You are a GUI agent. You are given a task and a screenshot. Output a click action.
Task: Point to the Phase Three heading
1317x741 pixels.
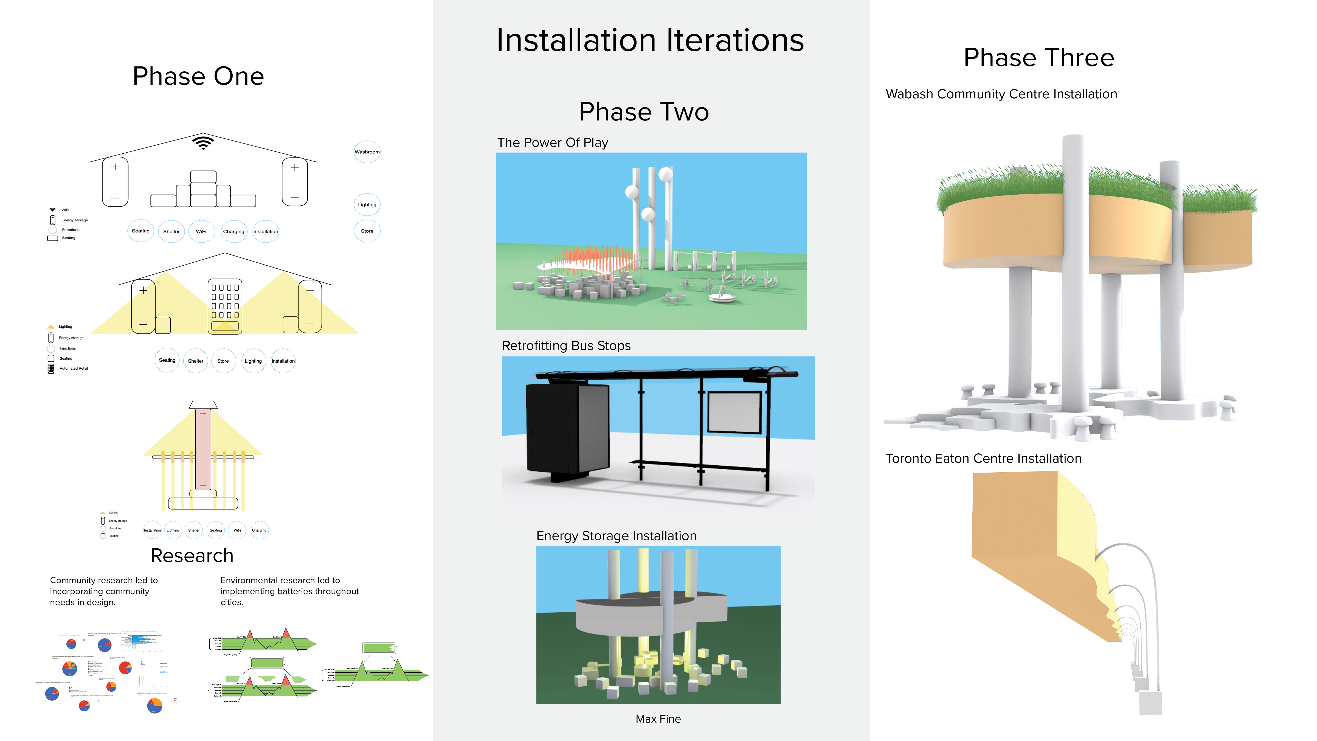click(1038, 57)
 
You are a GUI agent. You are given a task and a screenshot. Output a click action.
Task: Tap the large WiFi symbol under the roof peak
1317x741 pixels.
click(203, 142)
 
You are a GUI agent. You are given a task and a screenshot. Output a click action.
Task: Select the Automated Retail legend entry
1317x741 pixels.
click(73, 368)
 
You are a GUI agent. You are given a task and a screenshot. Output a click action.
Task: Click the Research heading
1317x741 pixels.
click(192, 555)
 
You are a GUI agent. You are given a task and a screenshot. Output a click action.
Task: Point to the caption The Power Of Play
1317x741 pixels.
click(552, 143)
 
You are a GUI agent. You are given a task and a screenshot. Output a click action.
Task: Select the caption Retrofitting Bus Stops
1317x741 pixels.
click(566, 346)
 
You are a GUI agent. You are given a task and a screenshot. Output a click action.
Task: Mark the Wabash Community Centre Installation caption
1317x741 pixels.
click(1001, 94)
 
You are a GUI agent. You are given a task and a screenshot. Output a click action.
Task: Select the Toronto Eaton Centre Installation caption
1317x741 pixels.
click(983, 458)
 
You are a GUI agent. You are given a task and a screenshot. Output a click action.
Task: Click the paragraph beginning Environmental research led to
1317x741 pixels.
click(289, 591)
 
